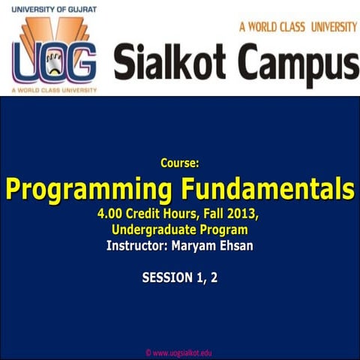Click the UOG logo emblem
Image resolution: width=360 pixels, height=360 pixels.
click(53, 53)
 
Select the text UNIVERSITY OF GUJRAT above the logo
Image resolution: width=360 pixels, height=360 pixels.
click(54, 7)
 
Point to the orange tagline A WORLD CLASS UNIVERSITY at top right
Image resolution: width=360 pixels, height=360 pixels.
click(298, 27)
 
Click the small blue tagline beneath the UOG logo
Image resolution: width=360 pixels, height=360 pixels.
click(54, 90)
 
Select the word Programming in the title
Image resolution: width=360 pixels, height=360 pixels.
click(91, 187)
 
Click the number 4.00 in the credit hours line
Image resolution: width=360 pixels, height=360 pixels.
click(111, 214)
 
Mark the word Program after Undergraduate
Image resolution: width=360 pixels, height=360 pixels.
click(224, 229)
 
